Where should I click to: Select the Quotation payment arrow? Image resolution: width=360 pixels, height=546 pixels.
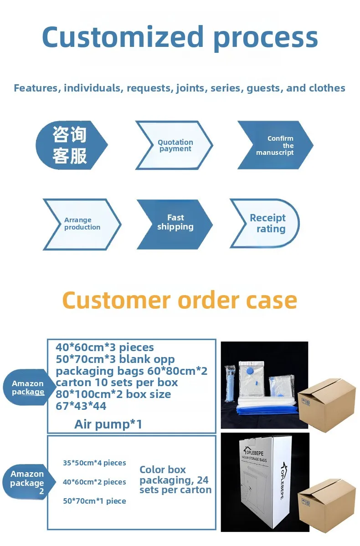pos(175,145)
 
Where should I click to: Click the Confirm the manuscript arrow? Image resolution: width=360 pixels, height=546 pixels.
pos(276,145)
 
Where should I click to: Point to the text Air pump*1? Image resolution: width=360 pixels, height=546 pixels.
pos(108,424)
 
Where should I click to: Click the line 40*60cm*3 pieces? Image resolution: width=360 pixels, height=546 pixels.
pos(105,347)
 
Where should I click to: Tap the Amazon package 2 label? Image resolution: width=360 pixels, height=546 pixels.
pos(27,483)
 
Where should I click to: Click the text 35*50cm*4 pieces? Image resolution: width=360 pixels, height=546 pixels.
pos(94,463)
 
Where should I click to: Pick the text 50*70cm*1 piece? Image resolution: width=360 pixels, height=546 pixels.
pos(94,501)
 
